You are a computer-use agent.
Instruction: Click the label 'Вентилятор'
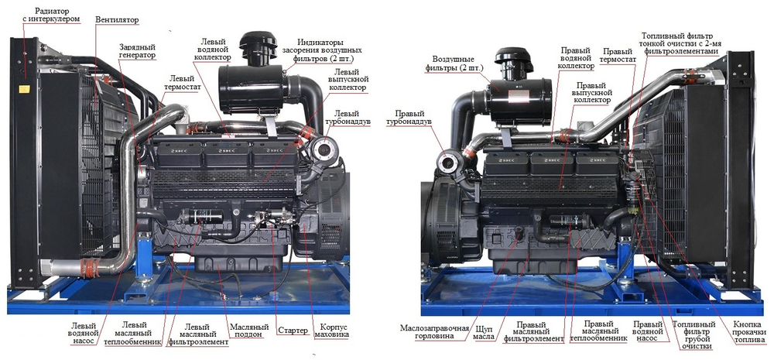click(117, 20)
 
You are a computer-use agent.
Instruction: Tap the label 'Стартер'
click(293, 331)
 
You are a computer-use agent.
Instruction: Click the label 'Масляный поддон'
click(249, 331)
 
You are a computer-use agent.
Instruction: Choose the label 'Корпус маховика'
click(332, 331)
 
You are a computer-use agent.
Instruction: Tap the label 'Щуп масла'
click(484, 332)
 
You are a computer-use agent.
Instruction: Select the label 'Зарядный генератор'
click(137, 51)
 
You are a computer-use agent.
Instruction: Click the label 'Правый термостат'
click(618, 55)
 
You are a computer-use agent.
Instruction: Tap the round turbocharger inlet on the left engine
click(324, 148)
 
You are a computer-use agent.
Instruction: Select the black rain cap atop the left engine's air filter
click(259, 43)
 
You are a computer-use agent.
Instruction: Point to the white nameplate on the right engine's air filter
click(519, 96)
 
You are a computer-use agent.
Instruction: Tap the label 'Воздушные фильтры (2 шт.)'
click(454, 63)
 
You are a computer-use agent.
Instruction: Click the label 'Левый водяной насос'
click(84, 334)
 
